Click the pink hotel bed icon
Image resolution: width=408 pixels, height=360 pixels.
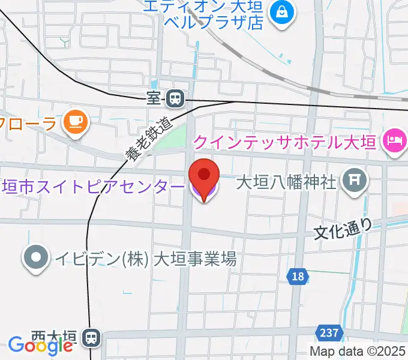(394, 142)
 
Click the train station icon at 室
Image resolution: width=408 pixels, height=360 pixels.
(175, 97)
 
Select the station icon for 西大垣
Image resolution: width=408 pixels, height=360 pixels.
(91, 338)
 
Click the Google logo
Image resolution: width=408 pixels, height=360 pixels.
(41, 345)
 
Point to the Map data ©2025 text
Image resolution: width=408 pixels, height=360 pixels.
(358, 352)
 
